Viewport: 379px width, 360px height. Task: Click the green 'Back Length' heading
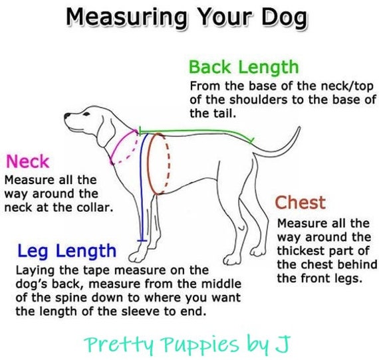click(x=243, y=68)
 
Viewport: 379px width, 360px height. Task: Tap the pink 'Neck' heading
click(x=27, y=161)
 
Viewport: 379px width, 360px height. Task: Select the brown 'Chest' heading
click(x=301, y=202)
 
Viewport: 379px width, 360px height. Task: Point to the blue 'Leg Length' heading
click(x=66, y=251)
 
